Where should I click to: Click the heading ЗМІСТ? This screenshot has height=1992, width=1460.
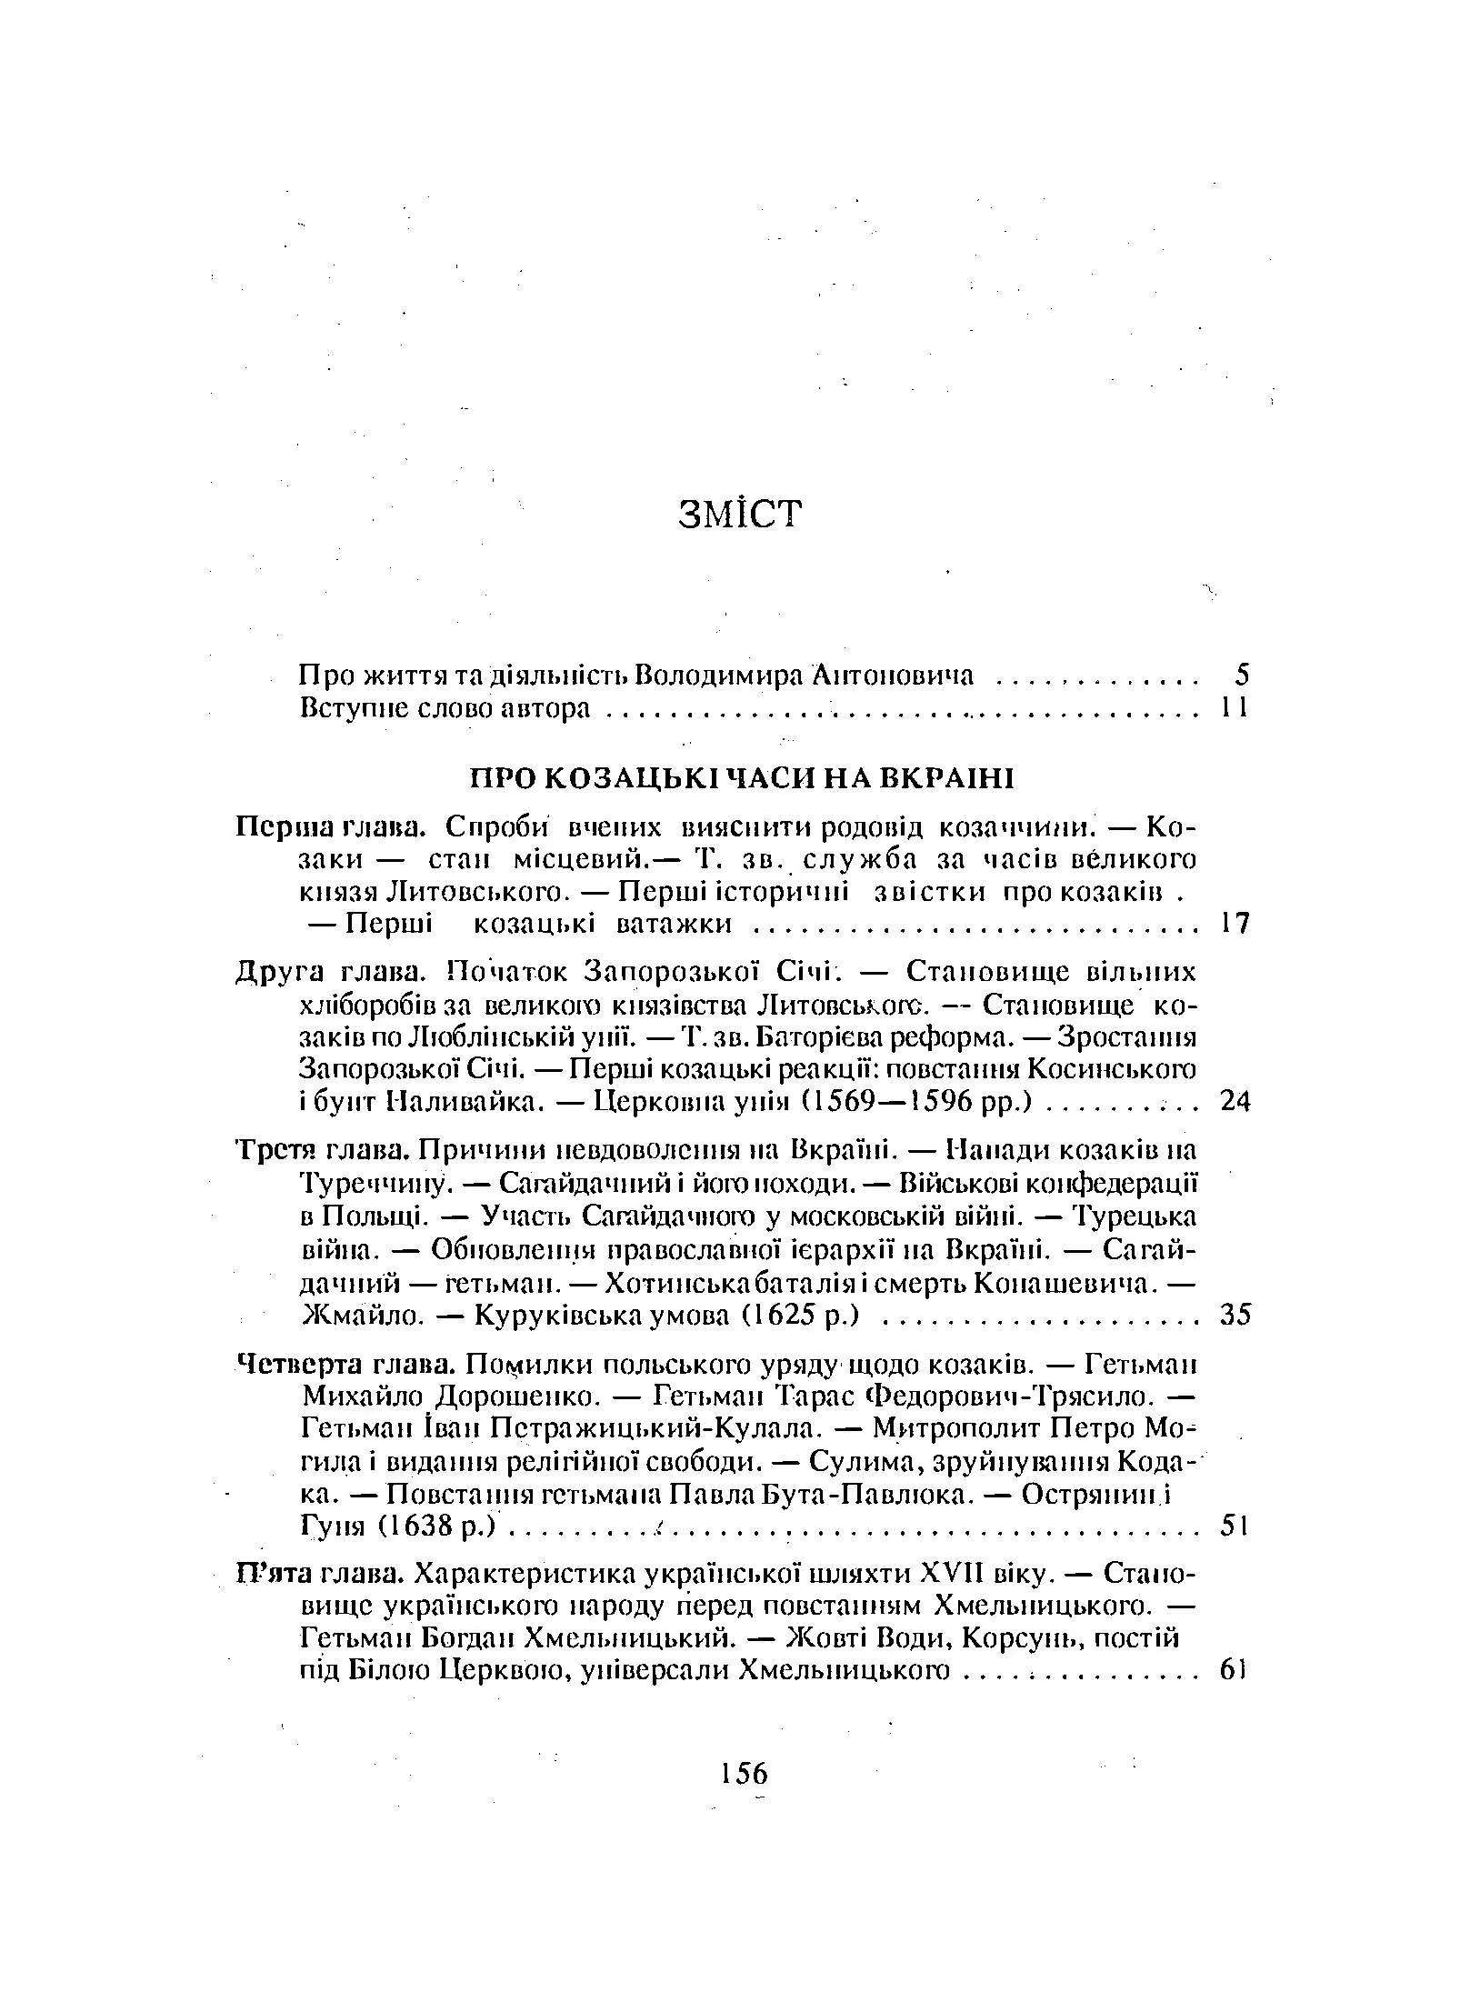tap(741, 514)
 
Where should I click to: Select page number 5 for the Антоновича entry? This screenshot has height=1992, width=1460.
tap(1243, 675)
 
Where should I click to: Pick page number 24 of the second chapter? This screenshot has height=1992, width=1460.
tap(1235, 1102)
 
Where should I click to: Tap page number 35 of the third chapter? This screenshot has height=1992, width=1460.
tap(1235, 1315)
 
